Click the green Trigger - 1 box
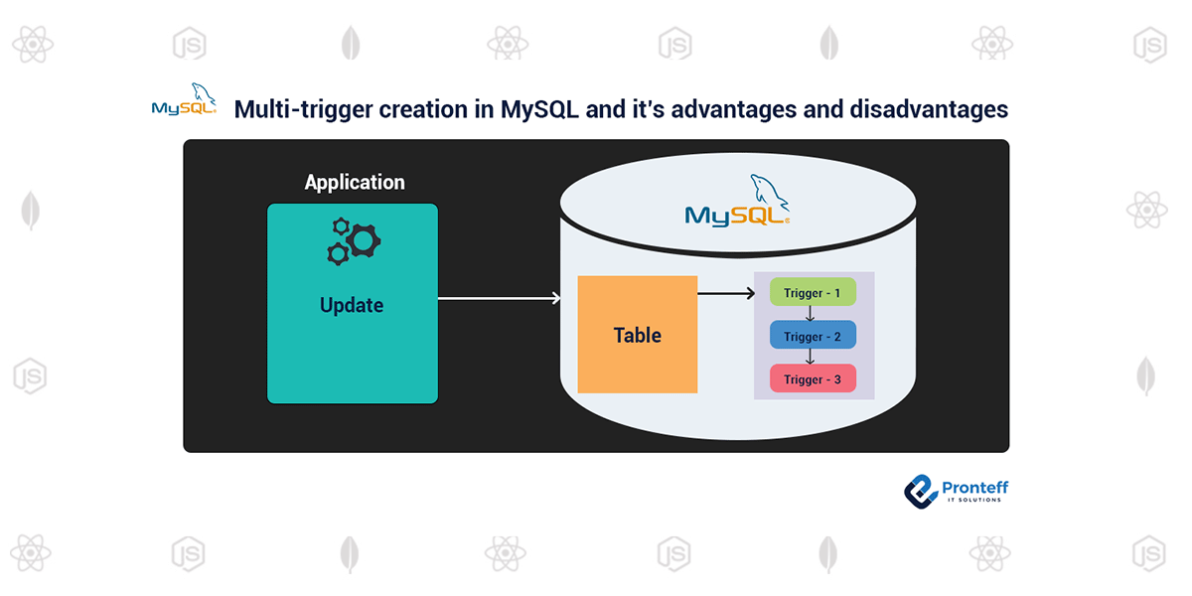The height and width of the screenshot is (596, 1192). [813, 293]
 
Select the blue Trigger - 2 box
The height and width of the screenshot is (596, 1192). [813, 336]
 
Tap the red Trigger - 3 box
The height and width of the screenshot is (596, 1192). [813, 379]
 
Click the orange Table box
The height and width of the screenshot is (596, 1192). [638, 335]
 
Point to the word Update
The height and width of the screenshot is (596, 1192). [352, 305]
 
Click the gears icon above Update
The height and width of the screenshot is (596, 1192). [354, 240]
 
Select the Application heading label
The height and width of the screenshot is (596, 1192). [355, 183]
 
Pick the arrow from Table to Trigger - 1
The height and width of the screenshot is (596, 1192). [725, 293]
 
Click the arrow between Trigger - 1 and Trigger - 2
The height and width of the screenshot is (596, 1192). [811, 314]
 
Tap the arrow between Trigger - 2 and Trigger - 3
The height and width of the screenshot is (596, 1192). [811, 357]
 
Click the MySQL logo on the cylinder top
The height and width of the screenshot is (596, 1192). [737, 203]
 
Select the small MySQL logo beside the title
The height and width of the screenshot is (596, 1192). [184, 102]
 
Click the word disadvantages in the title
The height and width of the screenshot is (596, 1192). [929, 109]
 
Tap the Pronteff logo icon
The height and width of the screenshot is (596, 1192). [921, 490]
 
